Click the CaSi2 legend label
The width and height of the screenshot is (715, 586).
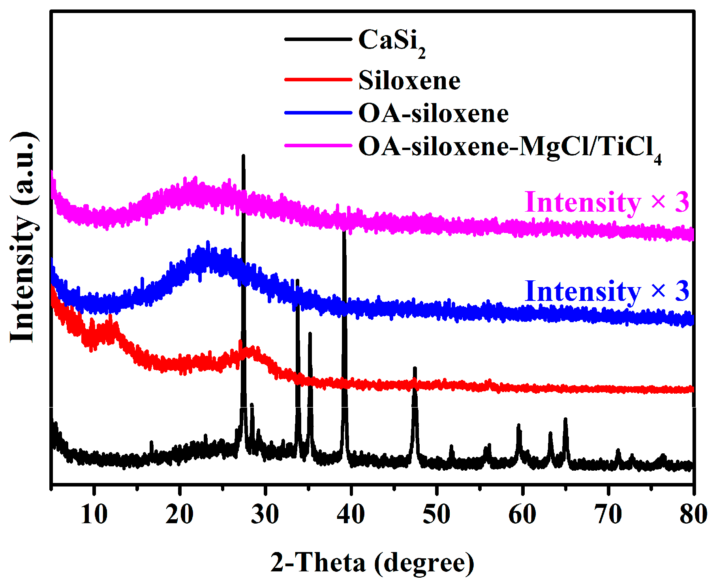[392, 42]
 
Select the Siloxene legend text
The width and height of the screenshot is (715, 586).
[409, 81]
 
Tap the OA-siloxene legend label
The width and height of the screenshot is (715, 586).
[434, 114]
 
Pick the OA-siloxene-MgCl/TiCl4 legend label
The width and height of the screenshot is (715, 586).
[509, 148]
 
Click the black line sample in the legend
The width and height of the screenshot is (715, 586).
[318, 39]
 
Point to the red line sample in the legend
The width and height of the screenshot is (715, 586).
[318, 79]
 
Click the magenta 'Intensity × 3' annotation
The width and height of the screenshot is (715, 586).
[606, 202]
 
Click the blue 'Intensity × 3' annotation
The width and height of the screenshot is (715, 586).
[606, 291]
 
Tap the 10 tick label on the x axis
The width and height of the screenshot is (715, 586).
[94, 514]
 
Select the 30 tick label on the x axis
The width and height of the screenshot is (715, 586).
[265, 514]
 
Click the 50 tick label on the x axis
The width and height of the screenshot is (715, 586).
[436, 514]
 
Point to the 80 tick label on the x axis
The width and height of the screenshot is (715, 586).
[693, 514]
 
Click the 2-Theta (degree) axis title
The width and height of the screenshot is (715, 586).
[372, 562]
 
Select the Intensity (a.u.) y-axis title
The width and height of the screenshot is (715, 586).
[24, 237]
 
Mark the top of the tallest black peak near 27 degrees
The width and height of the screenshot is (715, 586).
[243, 156]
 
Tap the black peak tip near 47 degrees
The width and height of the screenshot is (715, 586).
[415, 368]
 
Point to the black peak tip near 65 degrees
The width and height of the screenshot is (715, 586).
[565, 419]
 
